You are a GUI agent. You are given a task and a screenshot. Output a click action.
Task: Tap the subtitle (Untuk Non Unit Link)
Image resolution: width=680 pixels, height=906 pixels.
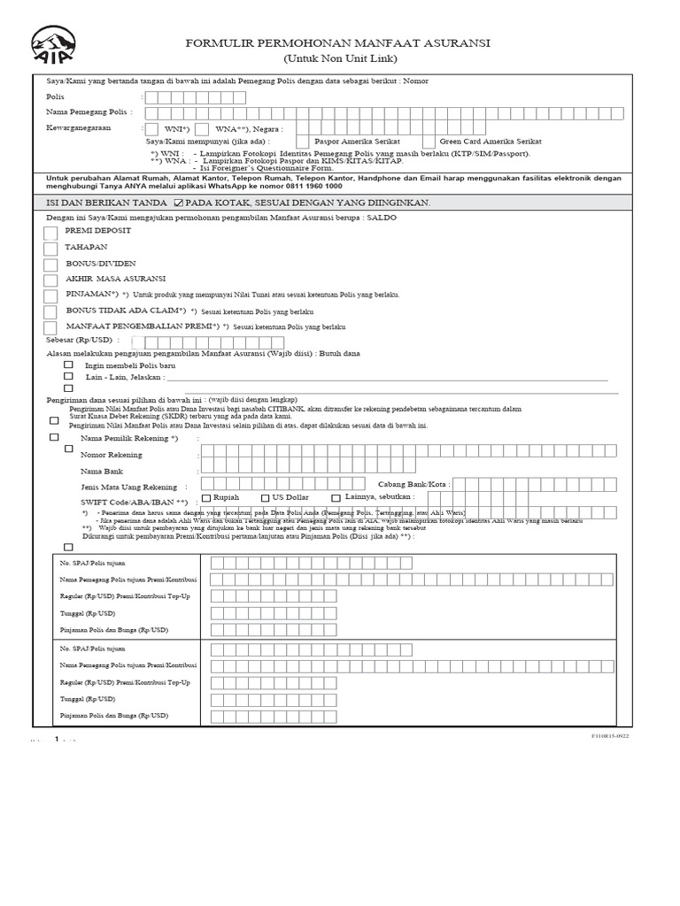coord(340,58)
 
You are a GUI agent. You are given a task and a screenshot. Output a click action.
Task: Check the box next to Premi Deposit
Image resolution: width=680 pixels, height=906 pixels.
coord(51,233)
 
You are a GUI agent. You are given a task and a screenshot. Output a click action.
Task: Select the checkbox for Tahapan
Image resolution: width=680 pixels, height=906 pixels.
coord(51,249)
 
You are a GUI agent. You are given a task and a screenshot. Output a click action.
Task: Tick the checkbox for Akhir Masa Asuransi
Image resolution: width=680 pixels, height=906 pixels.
coord(51,280)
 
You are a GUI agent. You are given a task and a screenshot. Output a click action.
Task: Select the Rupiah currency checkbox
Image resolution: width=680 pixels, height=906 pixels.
coord(206,497)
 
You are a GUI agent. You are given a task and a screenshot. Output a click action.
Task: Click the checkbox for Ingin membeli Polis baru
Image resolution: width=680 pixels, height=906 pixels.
coord(68,365)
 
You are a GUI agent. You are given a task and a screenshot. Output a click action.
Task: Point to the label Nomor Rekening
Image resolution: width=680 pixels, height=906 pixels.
coord(111,455)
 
